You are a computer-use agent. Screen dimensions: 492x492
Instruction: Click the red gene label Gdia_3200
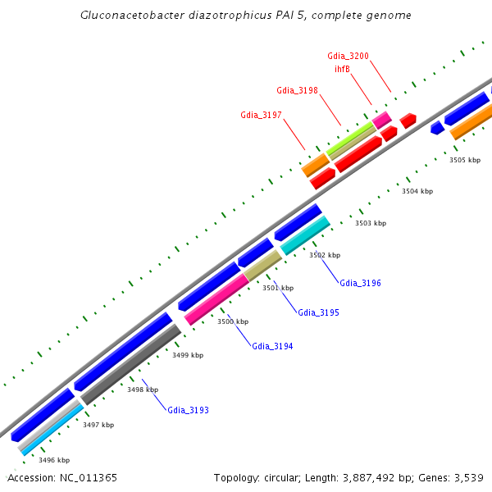point(348,56)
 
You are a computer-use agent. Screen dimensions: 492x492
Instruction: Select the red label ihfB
point(343,69)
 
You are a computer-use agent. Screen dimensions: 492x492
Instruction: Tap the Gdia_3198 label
point(297,90)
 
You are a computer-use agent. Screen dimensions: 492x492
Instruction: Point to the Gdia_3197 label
point(261,115)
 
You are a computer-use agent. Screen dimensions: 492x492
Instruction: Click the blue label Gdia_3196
point(360,283)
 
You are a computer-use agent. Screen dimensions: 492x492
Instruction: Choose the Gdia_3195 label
point(318,312)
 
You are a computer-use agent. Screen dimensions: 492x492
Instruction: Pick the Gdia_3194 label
point(272,346)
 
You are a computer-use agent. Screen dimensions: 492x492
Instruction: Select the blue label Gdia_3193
point(188,409)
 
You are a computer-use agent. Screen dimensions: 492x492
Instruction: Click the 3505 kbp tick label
point(465,160)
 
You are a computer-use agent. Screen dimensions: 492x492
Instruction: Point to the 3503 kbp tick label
point(370,223)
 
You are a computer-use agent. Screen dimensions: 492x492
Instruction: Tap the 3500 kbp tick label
point(232,321)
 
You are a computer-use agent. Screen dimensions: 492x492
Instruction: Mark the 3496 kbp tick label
point(54,460)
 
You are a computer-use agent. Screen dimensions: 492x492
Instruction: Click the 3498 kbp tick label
point(143,389)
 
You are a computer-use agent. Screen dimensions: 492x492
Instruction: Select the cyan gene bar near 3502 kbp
point(305,235)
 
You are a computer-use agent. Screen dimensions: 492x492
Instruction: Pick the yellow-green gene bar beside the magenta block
point(351,136)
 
